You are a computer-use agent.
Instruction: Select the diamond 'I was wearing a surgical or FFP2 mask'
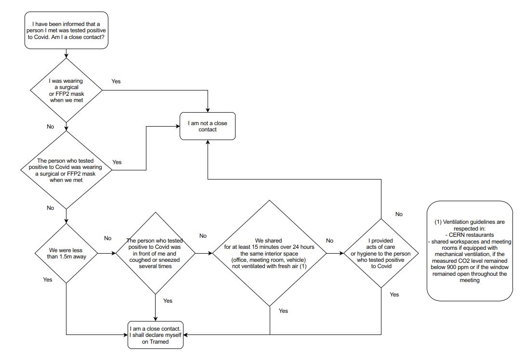coord(66,90)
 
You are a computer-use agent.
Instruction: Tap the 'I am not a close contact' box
coord(208,126)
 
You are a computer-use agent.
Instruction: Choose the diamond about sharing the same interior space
coord(270,253)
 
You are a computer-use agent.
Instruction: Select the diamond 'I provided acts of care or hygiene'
coord(381,253)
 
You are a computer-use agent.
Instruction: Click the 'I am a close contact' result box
coord(156,334)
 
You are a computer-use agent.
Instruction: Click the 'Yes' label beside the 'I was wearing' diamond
coord(116,81)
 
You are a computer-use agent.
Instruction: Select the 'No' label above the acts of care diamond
coord(399,214)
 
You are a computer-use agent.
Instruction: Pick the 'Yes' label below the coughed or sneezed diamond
coord(168,301)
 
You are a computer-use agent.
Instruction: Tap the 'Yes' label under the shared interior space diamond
coord(283,311)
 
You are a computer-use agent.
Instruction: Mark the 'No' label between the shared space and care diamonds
coord(329,241)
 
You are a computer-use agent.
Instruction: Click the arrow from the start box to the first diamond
coord(66,53)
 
